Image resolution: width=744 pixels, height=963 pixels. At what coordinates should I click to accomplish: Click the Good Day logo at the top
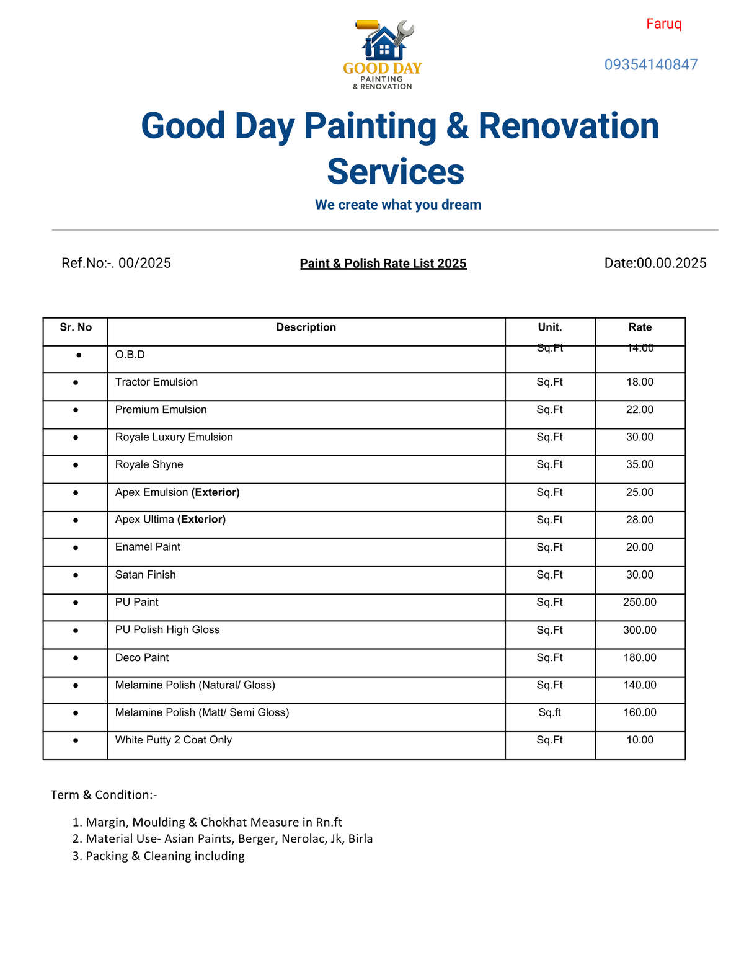pyautogui.click(x=383, y=55)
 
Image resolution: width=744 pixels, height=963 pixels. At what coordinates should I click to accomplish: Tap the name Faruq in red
pyautogui.click(x=663, y=24)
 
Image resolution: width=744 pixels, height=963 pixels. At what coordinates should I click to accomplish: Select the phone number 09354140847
pyautogui.click(x=651, y=64)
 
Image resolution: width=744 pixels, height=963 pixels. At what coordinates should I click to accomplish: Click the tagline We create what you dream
pyautogui.click(x=398, y=205)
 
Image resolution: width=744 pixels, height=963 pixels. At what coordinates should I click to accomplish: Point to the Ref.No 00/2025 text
pyautogui.click(x=116, y=263)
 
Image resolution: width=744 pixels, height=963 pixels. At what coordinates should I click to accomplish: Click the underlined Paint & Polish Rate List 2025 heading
pyautogui.click(x=383, y=264)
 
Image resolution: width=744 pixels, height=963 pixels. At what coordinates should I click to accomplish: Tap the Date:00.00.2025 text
pyautogui.click(x=655, y=263)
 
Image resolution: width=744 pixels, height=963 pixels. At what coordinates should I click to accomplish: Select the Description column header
pyautogui.click(x=306, y=327)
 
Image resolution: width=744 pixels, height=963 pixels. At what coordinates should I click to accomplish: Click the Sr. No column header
pyautogui.click(x=76, y=327)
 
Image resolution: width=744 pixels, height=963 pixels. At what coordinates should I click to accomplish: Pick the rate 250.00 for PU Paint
pyautogui.click(x=640, y=602)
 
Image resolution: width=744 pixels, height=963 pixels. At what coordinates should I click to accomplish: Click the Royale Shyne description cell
pyautogui.click(x=149, y=464)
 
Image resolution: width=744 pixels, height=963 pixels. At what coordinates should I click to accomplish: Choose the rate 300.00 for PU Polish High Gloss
pyautogui.click(x=640, y=630)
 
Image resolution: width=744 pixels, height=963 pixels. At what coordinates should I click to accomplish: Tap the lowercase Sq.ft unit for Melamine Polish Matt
pyautogui.click(x=550, y=712)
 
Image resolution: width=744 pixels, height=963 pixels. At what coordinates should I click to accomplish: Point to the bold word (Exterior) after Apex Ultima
pyautogui.click(x=201, y=520)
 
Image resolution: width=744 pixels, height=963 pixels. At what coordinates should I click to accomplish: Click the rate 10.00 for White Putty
pyautogui.click(x=640, y=740)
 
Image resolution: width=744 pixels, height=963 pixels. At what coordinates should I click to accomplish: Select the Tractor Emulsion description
pyautogui.click(x=156, y=382)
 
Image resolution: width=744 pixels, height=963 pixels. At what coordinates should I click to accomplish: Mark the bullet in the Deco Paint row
pyautogui.click(x=76, y=658)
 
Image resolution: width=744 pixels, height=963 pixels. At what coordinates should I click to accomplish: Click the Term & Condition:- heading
pyautogui.click(x=104, y=795)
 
